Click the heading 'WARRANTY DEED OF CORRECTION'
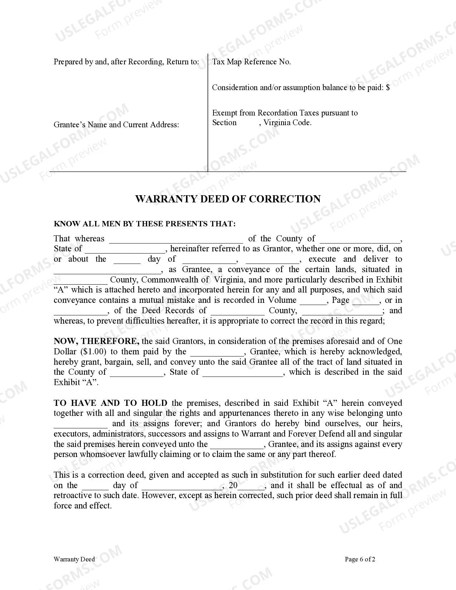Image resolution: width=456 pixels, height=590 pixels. tap(228, 199)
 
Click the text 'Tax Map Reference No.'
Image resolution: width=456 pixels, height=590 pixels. tap(251, 62)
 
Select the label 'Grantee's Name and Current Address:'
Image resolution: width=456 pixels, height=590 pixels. tap(116, 125)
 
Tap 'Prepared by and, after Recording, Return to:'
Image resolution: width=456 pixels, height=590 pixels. tap(126, 62)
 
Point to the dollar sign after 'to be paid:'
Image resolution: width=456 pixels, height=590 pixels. tap(388, 88)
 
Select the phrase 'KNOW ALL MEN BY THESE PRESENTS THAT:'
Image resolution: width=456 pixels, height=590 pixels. tap(144, 224)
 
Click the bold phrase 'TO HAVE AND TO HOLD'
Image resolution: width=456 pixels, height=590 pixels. tap(111, 403)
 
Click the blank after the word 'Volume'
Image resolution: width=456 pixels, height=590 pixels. tap(313, 301)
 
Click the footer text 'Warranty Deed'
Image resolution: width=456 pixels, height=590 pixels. tap(74, 559)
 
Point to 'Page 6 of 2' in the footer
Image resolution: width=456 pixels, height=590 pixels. tap(360, 559)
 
